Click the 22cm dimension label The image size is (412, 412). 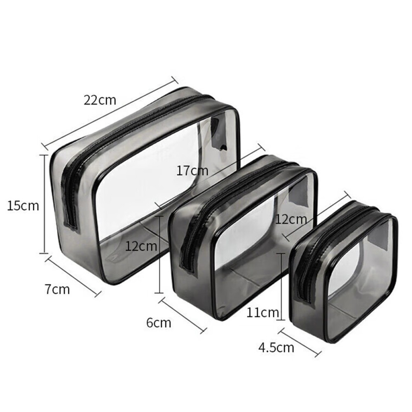100,100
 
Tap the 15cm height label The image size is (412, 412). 23,206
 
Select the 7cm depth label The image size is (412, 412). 57,289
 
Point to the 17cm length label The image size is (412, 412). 192,171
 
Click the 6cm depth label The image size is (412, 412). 159,323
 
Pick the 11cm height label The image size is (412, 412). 262,312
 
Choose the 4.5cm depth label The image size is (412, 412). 276,348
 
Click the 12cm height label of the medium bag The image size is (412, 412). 141,246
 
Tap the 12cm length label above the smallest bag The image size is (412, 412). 291,219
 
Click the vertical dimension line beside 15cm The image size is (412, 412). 44,204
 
